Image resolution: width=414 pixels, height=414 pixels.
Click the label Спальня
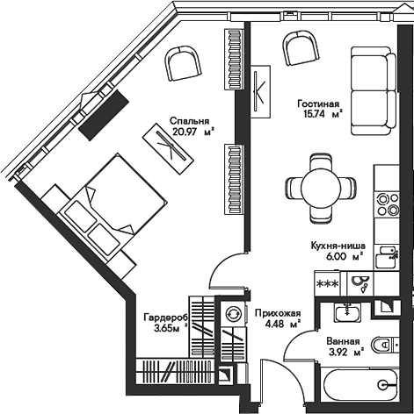point(190,121)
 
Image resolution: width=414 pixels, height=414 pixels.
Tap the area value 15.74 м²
point(323,114)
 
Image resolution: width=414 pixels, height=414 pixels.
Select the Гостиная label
point(318,103)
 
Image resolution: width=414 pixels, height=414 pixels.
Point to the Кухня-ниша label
point(338,246)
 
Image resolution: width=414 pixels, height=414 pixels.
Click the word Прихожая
point(278,313)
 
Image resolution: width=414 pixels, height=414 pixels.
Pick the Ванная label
point(343,341)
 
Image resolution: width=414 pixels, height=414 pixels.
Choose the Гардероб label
point(166,318)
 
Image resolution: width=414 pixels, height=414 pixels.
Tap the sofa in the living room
point(374,90)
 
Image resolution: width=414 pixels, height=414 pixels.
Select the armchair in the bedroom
point(183,64)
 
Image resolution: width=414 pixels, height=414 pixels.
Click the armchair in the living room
point(301,48)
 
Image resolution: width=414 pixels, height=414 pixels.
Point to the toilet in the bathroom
point(385,345)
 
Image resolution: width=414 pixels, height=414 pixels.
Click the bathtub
point(360,383)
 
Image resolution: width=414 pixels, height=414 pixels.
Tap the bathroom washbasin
point(347,312)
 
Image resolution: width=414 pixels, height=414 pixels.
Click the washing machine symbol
point(233,313)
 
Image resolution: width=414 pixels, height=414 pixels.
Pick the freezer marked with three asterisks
point(328,283)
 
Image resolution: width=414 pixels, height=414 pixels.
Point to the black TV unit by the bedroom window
point(104,114)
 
